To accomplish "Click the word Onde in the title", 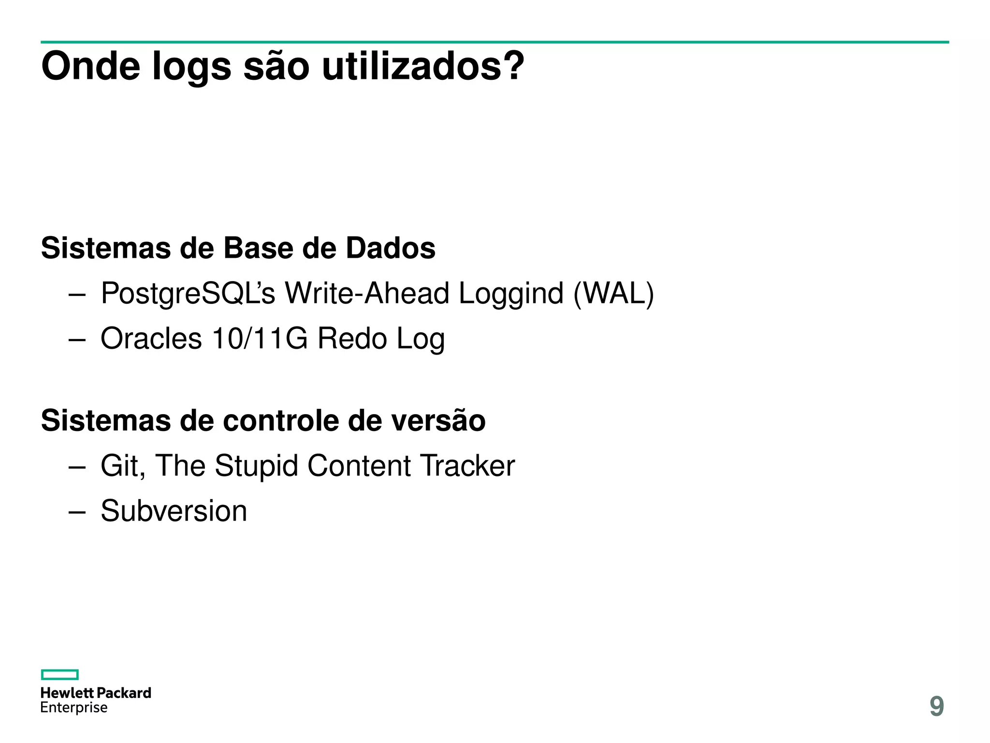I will [91, 66].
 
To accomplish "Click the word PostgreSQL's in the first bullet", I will [188, 294].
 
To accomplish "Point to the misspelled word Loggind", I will [511, 294].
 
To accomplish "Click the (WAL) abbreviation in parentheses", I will [613, 294].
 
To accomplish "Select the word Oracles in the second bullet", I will [151, 338].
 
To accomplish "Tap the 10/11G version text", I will [260, 338].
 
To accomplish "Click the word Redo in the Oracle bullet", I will [352, 338].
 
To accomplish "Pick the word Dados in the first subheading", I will [391, 248].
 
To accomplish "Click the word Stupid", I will [256, 466].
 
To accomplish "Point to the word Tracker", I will [467, 466].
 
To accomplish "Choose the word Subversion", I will [174, 511].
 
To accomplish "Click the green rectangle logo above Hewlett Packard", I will [59, 674].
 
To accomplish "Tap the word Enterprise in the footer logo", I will [74, 708].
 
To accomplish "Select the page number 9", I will [936, 706].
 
